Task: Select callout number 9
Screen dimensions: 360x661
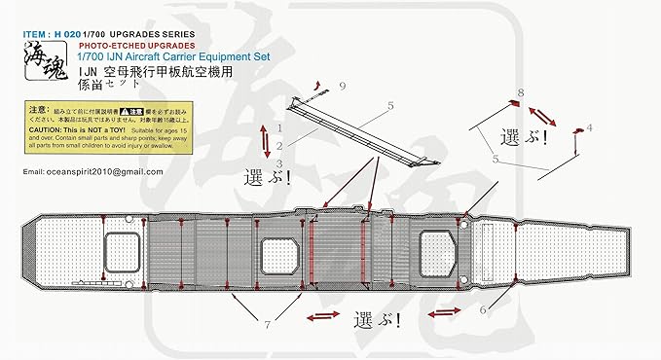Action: coord(342,87)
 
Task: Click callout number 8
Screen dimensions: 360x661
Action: coord(521,91)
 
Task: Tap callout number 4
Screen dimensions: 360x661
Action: coord(589,126)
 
